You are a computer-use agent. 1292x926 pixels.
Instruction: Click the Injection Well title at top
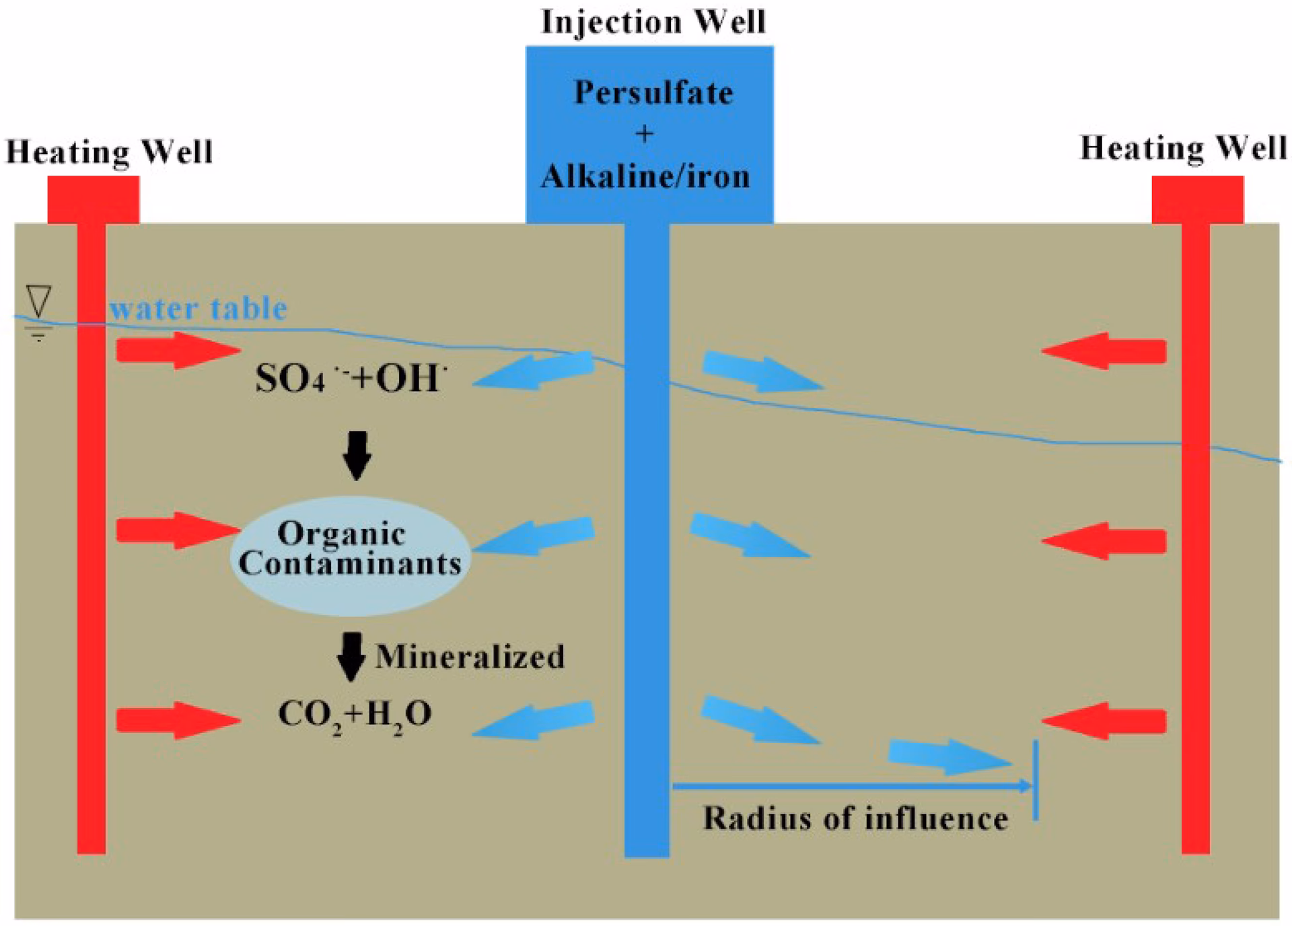(653, 22)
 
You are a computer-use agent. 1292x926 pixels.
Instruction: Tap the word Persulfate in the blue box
(653, 93)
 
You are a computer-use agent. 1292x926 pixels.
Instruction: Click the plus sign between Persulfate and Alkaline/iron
(644, 134)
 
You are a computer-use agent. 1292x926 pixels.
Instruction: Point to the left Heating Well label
(110, 151)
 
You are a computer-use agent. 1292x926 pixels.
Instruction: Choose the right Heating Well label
(1184, 149)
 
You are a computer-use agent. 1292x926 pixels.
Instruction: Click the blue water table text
(199, 308)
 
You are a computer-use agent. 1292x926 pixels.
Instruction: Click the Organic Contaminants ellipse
(350, 556)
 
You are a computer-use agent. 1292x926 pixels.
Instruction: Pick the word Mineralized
(470, 657)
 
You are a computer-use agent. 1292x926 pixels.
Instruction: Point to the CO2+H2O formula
(355, 715)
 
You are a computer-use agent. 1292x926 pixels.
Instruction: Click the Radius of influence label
(855, 819)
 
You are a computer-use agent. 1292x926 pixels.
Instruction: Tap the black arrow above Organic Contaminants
(357, 455)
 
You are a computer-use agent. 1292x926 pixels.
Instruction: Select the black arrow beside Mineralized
(351, 657)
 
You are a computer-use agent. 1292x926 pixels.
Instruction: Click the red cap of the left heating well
(94, 199)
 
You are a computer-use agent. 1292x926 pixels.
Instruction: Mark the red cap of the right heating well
(1198, 199)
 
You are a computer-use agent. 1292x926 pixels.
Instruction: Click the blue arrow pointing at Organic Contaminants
(535, 536)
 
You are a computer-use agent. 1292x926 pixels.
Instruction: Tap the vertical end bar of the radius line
(1036, 781)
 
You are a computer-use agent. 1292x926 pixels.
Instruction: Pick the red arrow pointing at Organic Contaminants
(178, 530)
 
